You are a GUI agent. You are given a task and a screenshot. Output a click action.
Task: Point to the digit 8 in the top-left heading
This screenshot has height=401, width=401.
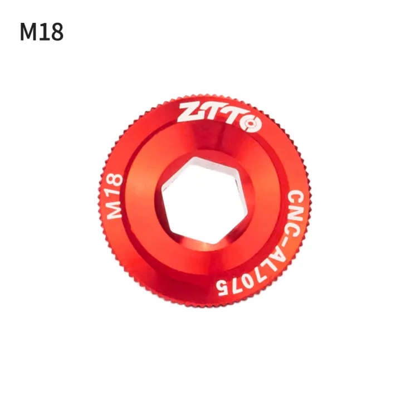(57, 32)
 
